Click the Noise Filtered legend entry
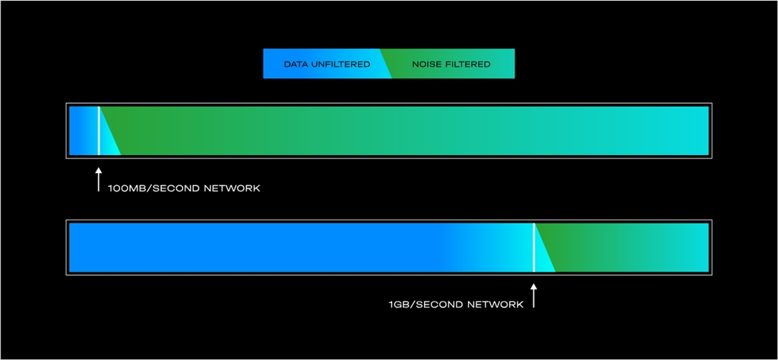(451, 65)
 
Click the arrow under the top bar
(98, 181)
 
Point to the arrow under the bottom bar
(533, 295)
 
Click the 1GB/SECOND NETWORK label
(456, 305)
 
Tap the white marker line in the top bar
(99, 131)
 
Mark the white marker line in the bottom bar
(533, 248)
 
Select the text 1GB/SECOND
(419, 305)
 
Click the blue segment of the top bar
(82, 131)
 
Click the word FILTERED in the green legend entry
(467, 65)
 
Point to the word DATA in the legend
(296, 65)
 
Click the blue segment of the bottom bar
(266, 248)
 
